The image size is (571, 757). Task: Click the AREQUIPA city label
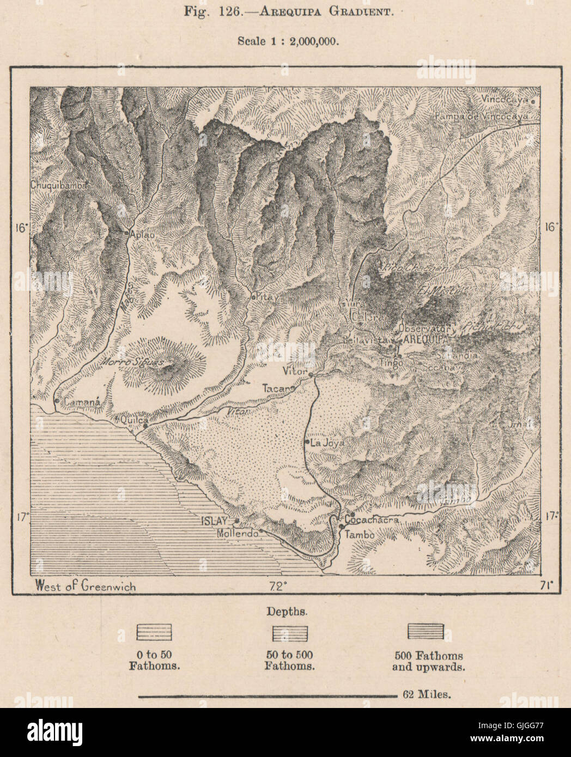pyautogui.click(x=424, y=339)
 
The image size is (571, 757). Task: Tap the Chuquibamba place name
pyautogui.click(x=59, y=185)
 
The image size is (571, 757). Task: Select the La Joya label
pyautogui.click(x=327, y=443)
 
